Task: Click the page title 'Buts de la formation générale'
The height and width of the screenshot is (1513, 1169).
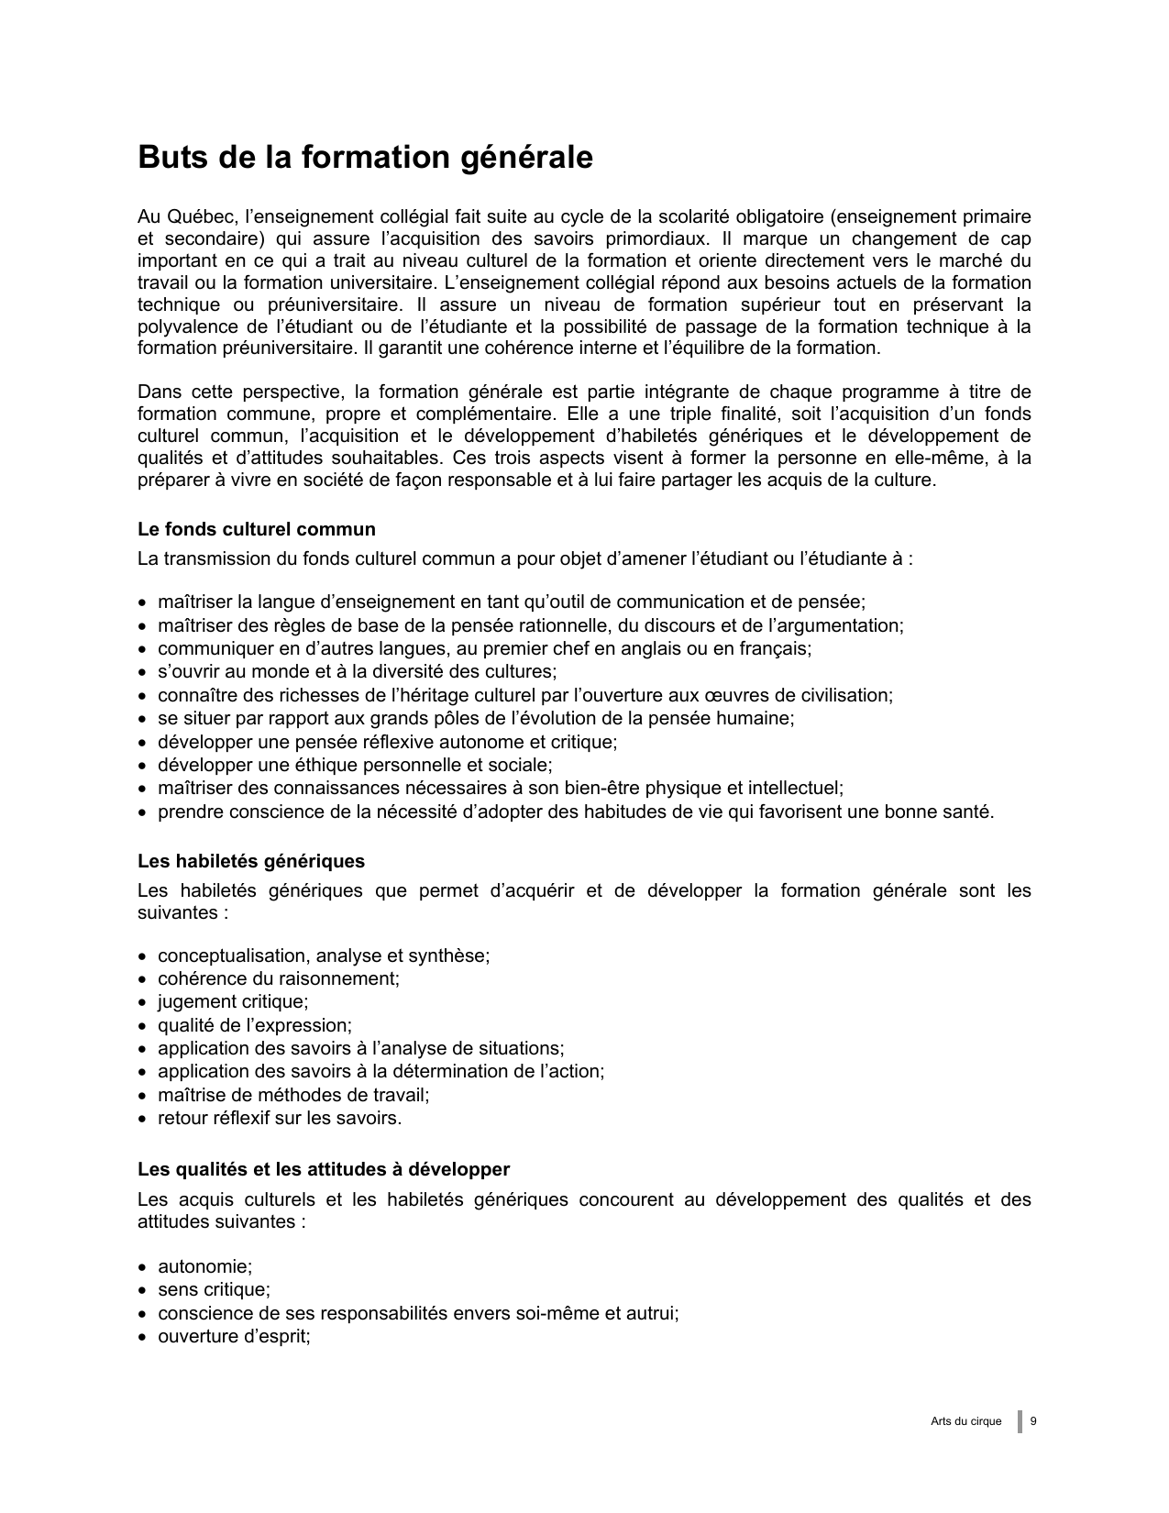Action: (365, 158)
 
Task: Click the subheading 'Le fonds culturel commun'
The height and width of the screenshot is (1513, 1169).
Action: (257, 529)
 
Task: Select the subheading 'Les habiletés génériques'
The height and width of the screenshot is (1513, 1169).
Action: (251, 861)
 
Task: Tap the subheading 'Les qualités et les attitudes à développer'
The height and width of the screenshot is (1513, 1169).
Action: (324, 1169)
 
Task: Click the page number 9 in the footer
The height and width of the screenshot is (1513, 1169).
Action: (1033, 1421)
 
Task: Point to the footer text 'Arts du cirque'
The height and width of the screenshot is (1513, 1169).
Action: (965, 1421)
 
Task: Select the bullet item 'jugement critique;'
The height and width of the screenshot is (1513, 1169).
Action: (233, 1002)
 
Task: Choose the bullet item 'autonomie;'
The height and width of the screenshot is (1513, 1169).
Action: (204, 1266)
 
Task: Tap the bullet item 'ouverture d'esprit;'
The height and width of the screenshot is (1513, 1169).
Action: (234, 1336)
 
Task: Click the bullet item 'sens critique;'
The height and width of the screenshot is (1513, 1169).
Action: (214, 1289)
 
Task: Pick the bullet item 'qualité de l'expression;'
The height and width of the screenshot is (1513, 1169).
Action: (255, 1025)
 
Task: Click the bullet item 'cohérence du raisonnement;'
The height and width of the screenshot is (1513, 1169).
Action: (279, 978)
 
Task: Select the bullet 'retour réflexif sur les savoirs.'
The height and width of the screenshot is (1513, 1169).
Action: (280, 1118)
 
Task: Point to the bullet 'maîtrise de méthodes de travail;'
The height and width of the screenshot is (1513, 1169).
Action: (293, 1095)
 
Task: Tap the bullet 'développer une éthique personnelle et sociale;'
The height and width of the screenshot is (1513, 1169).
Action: (355, 765)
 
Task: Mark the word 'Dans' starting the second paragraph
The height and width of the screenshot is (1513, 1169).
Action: (158, 392)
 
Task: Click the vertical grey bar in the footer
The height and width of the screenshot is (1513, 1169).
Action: (1020, 1421)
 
